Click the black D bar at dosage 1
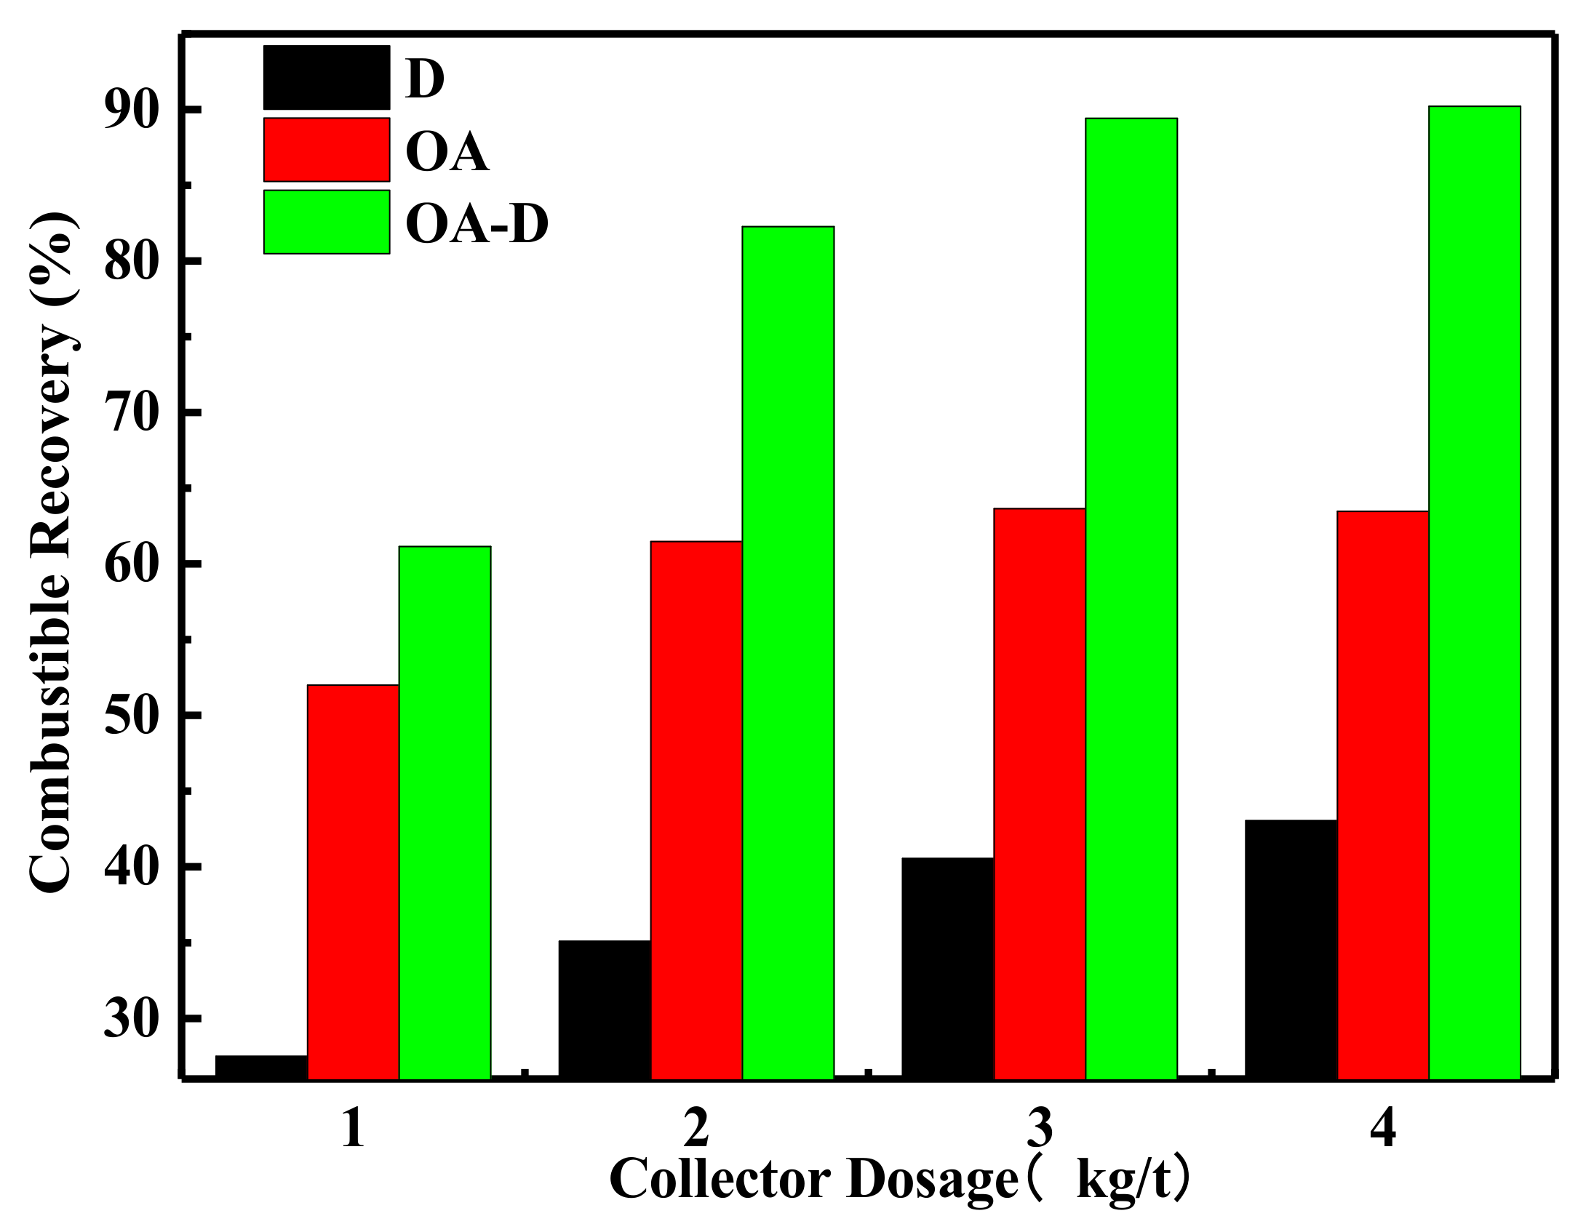point(261,1066)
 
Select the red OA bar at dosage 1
point(353,881)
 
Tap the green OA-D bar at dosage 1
point(445,812)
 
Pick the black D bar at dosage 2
point(605,1009)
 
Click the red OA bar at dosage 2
point(696,809)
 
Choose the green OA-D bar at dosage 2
point(788,652)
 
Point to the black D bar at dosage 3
point(948,967)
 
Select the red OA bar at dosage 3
point(1040,793)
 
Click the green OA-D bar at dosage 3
point(1131,598)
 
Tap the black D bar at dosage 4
point(1291,948)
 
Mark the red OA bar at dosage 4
point(1383,794)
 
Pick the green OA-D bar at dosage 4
point(1475,592)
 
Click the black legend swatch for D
point(326,77)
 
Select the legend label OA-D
point(477,224)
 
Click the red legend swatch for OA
point(326,149)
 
